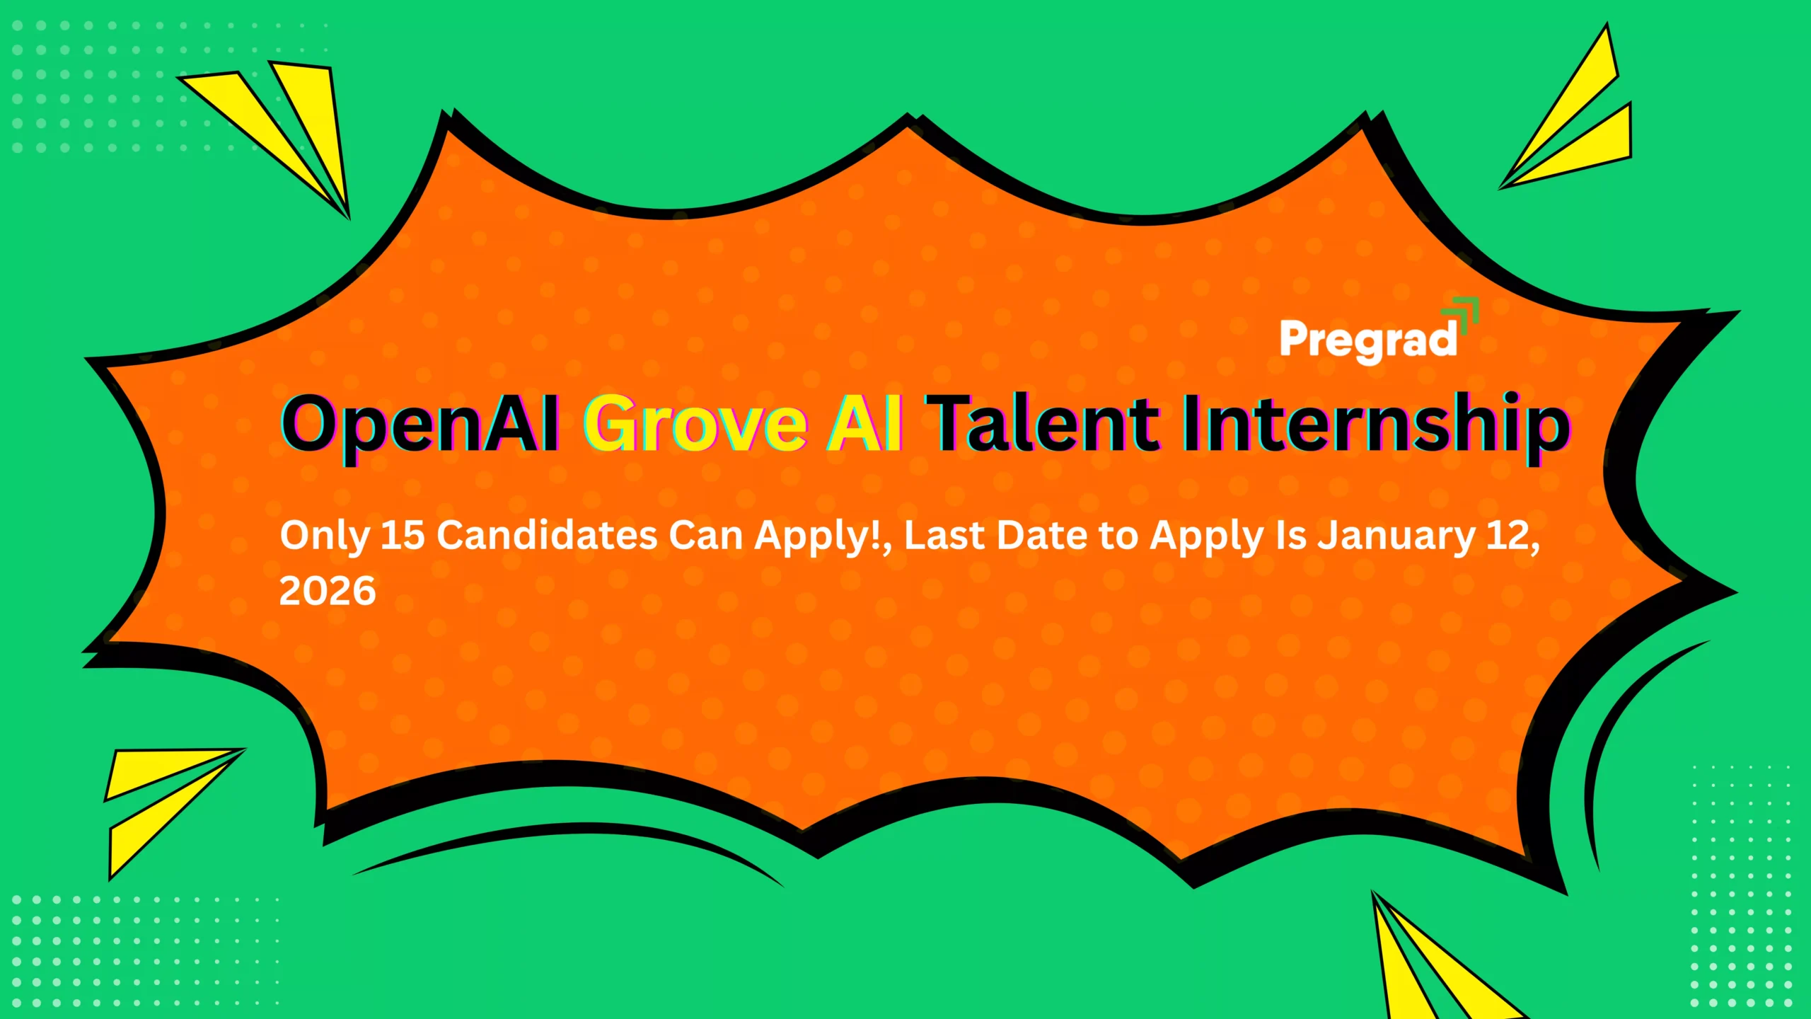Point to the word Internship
[1375, 425]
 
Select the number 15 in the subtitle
[403, 535]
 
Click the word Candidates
[547, 535]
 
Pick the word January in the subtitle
[1396, 535]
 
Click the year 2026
[328, 591]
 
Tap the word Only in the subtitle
[325, 536]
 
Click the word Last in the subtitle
[944, 535]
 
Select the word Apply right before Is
[1207, 536]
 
